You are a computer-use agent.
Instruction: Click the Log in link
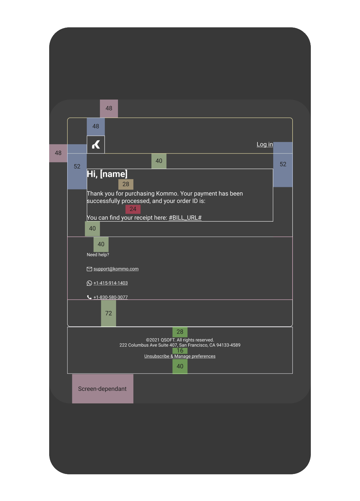tap(265, 145)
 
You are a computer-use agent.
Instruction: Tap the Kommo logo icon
tap(96, 145)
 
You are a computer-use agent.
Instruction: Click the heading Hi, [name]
tap(107, 174)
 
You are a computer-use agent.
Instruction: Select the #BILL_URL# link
tap(185, 218)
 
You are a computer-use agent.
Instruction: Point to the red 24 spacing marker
tap(133, 209)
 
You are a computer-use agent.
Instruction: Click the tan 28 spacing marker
tap(126, 184)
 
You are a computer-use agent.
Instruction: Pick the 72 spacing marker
tap(109, 313)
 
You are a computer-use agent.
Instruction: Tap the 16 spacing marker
tap(180, 351)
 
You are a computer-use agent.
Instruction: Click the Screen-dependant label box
tap(103, 389)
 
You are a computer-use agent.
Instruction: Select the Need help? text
tap(98, 255)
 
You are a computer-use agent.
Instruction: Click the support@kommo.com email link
tap(116, 269)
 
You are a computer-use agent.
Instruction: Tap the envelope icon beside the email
tap(89, 269)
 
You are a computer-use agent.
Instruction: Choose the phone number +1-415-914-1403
tap(111, 283)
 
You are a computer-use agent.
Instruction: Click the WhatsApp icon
tap(89, 283)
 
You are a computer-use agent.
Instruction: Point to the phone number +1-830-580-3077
tap(111, 297)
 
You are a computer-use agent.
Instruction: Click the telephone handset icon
tap(89, 297)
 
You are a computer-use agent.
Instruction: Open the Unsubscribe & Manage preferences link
tap(180, 356)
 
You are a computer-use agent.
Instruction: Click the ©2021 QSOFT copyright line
tap(180, 340)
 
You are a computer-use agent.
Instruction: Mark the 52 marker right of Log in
tap(283, 164)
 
